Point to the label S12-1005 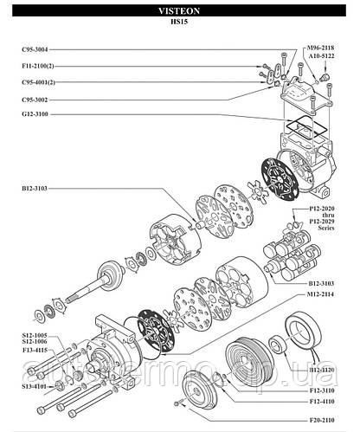35,334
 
